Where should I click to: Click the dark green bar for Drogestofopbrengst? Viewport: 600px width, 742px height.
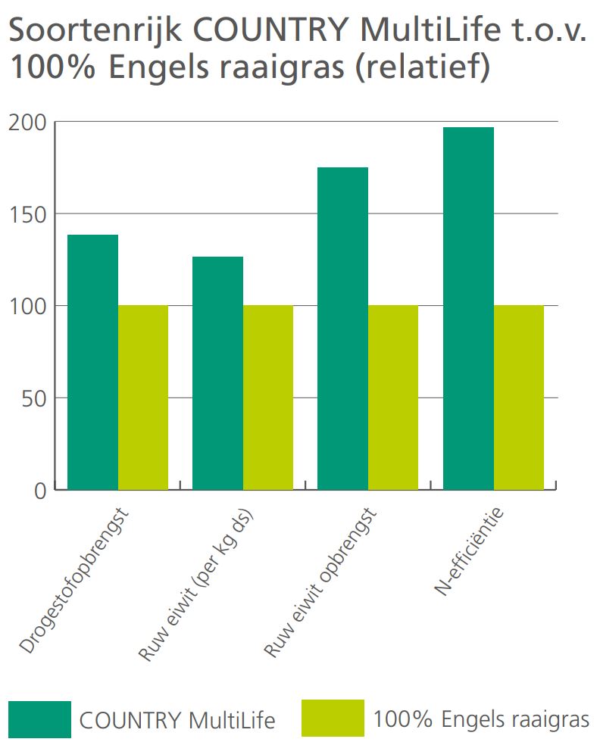[x=93, y=362]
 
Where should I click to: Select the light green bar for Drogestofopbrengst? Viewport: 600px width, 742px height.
[x=143, y=397]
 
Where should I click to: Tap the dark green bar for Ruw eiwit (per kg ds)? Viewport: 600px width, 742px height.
[x=218, y=373]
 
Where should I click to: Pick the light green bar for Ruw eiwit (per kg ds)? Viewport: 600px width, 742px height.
[x=268, y=397]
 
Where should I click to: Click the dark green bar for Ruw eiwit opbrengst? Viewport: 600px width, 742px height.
[x=343, y=329]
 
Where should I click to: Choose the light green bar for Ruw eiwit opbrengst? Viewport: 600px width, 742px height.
[x=393, y=397]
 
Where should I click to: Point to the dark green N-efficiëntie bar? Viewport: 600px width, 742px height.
[x=468, y=309]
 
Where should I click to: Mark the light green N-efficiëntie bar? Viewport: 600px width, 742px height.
[x=518, y=397]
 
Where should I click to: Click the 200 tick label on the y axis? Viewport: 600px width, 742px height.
[x=28, y=123]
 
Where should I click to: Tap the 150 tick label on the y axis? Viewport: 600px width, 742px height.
[x=28, y=215]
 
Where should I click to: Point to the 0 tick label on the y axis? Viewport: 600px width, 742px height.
[x=41, y=491]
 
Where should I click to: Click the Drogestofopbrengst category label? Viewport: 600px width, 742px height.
[x=74, y=581]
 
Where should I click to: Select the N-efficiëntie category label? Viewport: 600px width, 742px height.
[x=469, y=551]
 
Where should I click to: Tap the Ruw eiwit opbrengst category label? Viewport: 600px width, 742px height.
[x=320, y=582]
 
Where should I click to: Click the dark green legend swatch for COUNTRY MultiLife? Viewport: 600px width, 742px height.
[x=40, y=719]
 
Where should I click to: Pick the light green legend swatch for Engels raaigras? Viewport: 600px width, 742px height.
[x=333, y=719]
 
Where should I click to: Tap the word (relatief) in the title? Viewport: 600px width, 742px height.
[x=422, y=67]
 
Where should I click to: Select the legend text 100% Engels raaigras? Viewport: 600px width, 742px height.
[x=481, y=720]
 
